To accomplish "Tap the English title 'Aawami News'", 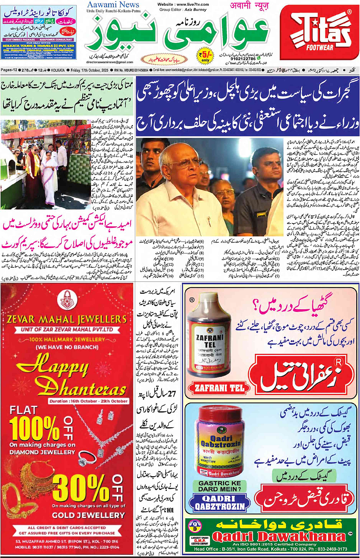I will tap(113, 5).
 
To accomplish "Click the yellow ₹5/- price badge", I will tap(205, 56).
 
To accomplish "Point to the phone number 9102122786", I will tap(243, 59).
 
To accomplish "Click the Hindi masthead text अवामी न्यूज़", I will tap(249, 6).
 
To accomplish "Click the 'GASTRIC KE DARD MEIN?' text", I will tap(220, 486).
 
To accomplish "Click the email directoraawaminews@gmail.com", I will tap(110, 62).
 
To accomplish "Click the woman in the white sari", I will tap(49, 177).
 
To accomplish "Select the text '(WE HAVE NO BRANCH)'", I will tap(67, 347).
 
